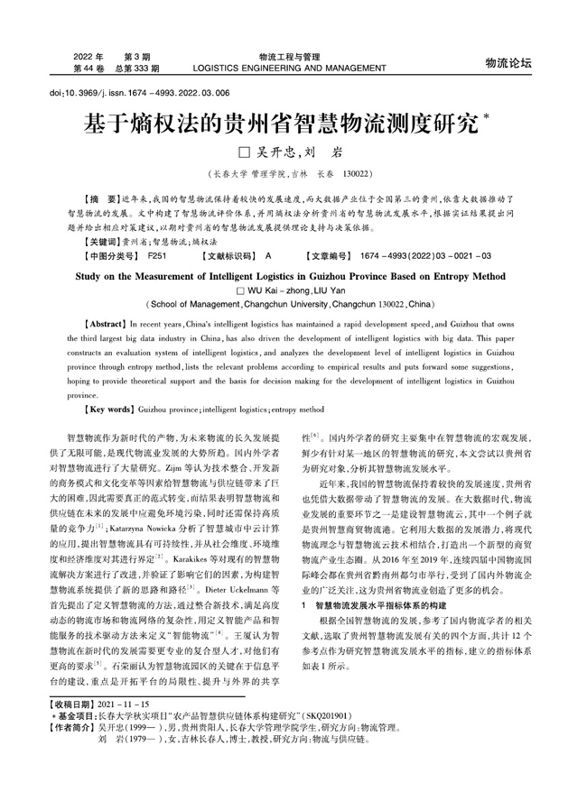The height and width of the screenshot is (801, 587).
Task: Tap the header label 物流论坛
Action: (x=508, y=62)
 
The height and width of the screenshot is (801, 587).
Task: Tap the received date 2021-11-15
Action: (x=125, y=752)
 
